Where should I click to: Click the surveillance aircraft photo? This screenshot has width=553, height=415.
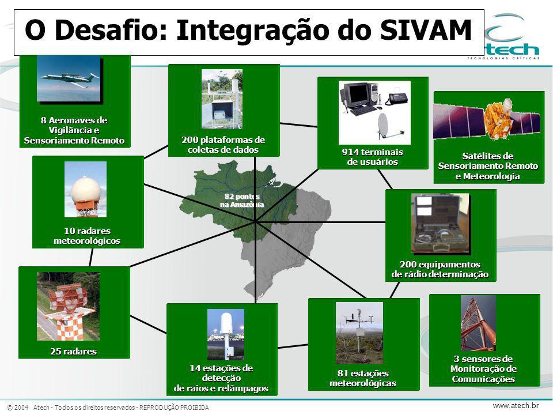click(69, 78)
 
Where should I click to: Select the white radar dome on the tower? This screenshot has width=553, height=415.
click(86, 189)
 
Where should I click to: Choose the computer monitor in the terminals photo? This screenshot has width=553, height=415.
click(354, 95)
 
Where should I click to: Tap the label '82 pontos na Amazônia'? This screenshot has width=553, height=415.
click(242, 201)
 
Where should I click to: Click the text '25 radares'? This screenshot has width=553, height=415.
click(73, 352)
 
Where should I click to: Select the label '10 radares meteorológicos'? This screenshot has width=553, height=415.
click(87, 236)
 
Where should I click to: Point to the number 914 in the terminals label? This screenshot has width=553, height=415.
click(351, 152)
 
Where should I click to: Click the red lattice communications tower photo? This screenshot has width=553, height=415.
click(478, 323)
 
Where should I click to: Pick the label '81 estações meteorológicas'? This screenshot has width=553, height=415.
click(363, 378)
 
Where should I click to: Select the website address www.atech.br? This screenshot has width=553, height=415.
click(516, 406)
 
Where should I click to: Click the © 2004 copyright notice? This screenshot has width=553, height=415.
click(18, 408)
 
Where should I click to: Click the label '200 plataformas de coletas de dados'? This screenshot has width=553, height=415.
click(224, 145)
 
